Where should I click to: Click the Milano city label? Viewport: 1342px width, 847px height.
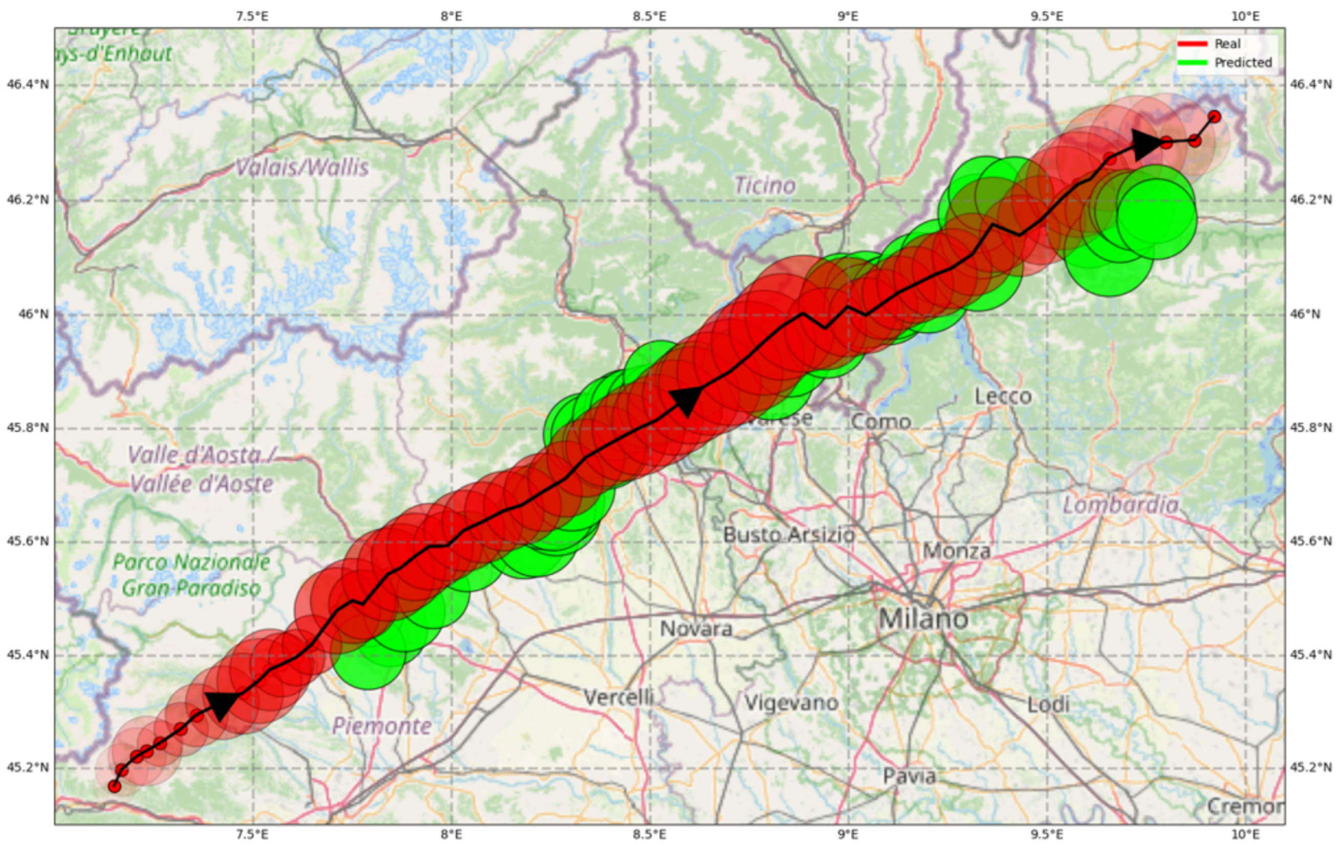pos(923,619)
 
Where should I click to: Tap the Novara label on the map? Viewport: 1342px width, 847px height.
pos(696,629)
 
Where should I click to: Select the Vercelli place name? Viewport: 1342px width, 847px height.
pos(619,697)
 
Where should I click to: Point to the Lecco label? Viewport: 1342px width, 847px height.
pos(1002,396)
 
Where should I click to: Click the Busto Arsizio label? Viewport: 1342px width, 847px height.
pos(789,535)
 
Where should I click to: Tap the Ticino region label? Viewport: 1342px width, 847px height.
pos(764,186)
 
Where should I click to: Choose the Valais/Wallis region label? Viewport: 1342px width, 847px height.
pos(302,167)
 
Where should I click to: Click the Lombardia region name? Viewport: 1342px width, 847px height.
pos(1120,505)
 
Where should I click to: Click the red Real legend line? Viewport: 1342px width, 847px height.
pos(1192,44)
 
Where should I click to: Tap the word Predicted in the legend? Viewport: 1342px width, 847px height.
pos(1243,62)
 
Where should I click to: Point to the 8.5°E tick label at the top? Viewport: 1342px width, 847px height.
pos(650,16)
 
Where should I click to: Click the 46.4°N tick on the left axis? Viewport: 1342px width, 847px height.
pos(27,85)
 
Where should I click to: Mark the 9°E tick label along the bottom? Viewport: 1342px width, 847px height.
pos(847,834)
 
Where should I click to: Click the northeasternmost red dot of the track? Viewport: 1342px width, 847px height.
pos(1214,117)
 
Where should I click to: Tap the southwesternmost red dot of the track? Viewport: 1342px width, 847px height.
pos(114,786)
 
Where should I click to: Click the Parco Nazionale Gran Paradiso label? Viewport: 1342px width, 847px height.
pos(191,574)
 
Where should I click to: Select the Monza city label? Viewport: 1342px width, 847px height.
pos(956,551)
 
